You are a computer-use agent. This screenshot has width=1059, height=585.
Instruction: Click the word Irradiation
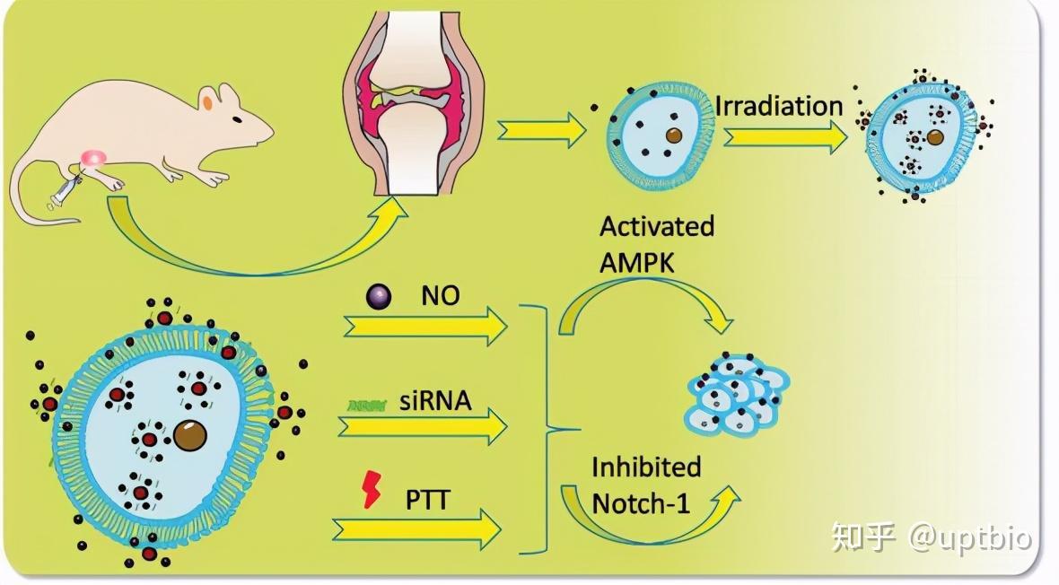pos(779,106)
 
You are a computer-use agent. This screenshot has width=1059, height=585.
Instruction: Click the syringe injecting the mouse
pos(65,189)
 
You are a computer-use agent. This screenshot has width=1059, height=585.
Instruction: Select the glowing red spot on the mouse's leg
pos(92,160)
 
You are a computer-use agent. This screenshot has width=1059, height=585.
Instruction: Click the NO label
pos(440,295)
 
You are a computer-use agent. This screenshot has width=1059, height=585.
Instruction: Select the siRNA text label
pos(434,400)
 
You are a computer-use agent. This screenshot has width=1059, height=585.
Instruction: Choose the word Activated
pos(657,225)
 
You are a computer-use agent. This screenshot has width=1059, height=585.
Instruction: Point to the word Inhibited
pos(646,467)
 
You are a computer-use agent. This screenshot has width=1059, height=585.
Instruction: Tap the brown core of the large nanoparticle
pos(190,435)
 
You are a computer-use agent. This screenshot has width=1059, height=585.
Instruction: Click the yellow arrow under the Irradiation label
pos(784,136)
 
